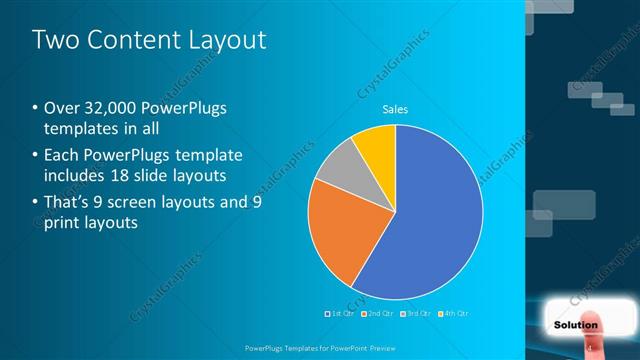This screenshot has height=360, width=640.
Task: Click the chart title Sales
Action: [x=396, y=110]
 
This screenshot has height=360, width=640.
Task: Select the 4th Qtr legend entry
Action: [x=452, y=313]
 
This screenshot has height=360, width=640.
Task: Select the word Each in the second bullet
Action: [x=61, y=156]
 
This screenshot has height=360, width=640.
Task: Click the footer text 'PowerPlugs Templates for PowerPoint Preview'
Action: [x=319, y=346]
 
